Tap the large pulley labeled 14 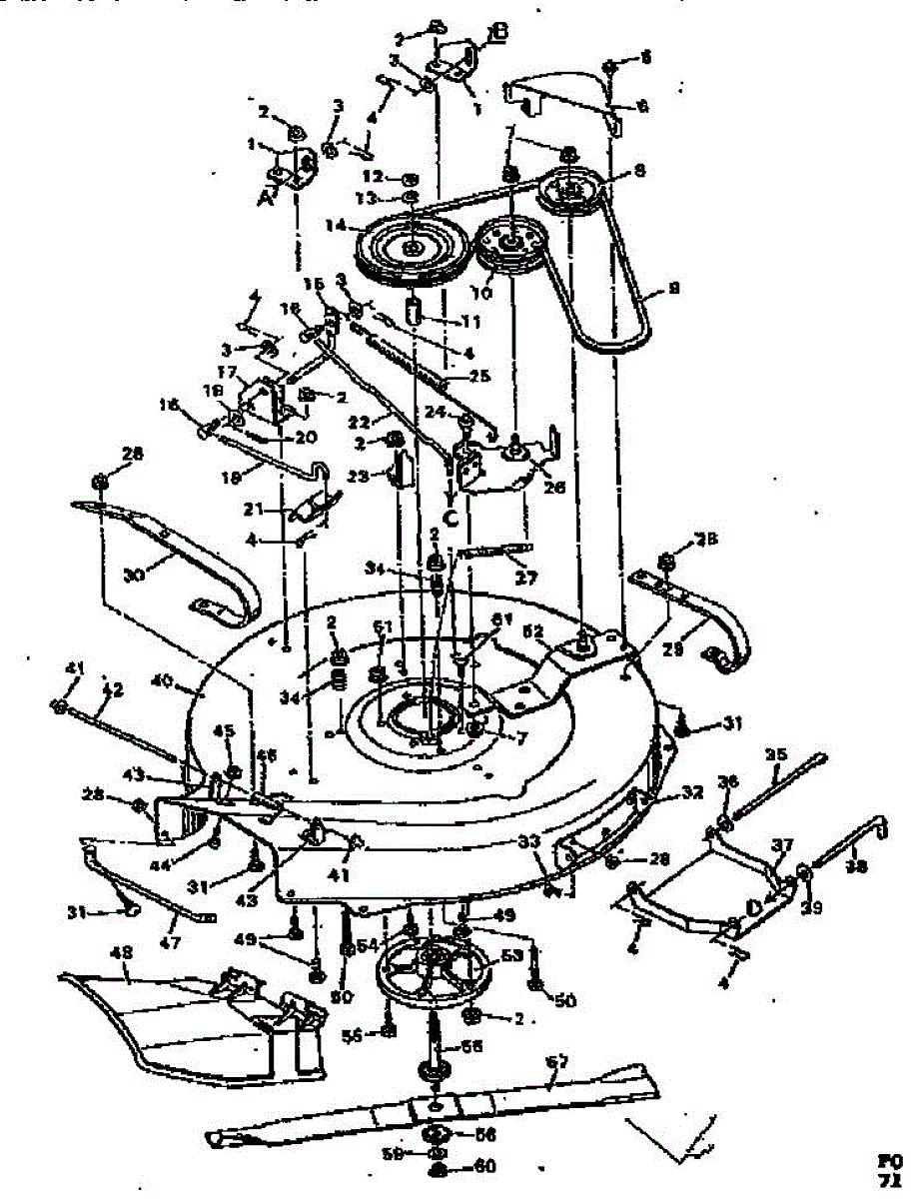(413, 247)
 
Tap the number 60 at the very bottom (458, 1165)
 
